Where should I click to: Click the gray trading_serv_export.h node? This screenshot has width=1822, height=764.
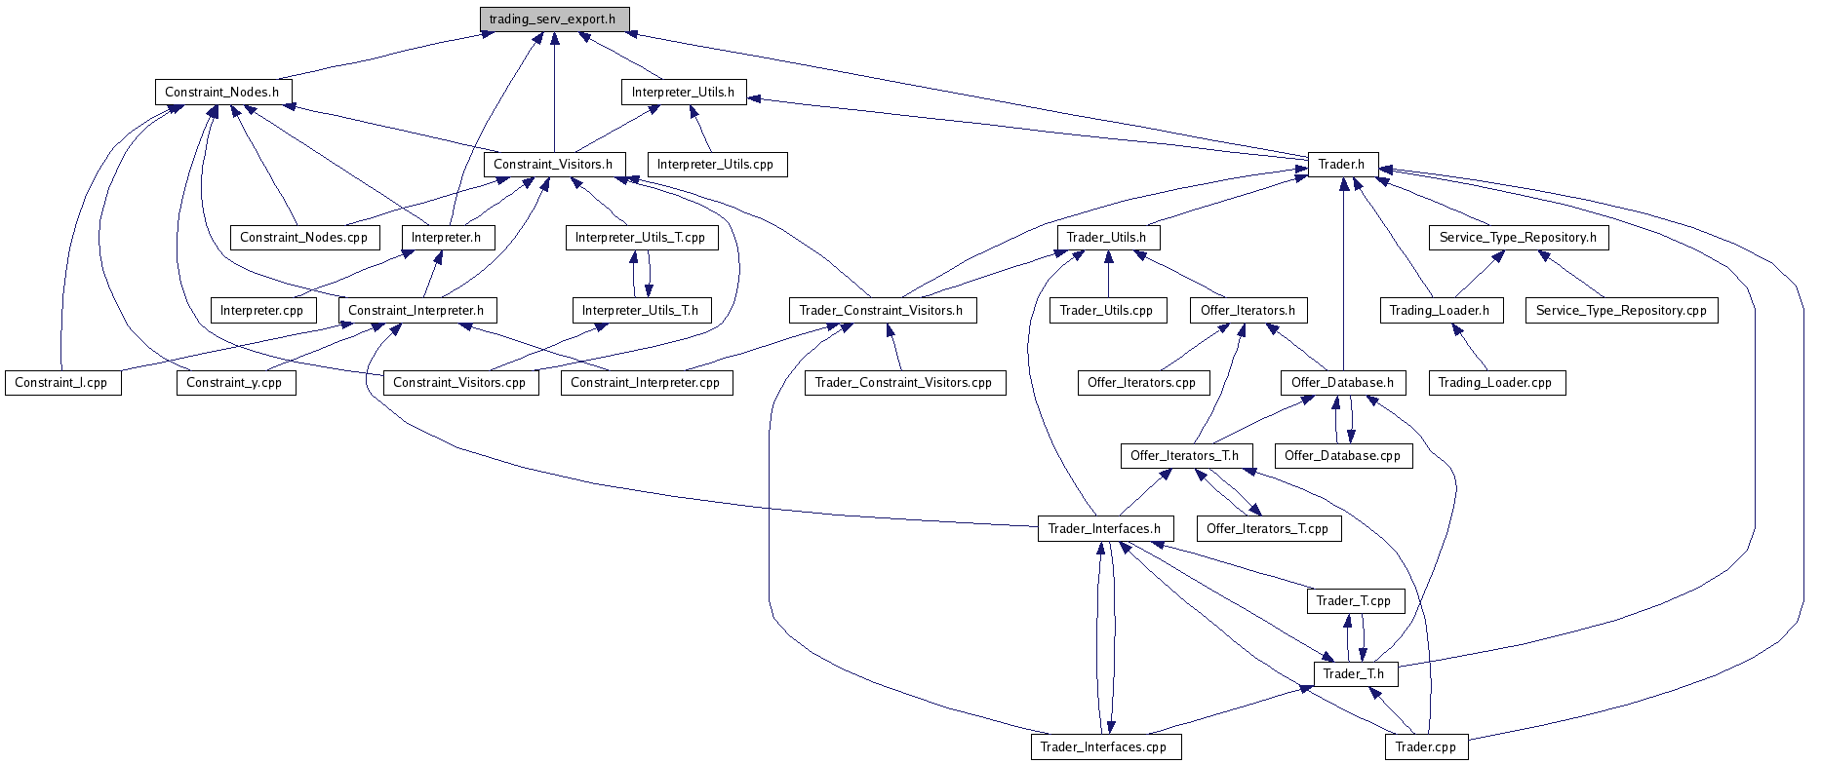[x=553, y=19]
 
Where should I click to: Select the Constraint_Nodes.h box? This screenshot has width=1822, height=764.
[x=222, y=93]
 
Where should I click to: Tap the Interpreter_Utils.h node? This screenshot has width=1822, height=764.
[x=683, y=93]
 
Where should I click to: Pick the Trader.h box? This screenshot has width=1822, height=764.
[x=1342, y=165]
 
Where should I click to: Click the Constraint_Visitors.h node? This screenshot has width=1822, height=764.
[x=553, y=165]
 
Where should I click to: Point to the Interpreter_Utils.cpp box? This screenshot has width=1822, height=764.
[x=716, y=165]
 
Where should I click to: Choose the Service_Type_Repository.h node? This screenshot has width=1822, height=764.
[x=1518, y=238]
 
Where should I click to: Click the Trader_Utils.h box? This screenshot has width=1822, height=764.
[x=1107, y=238]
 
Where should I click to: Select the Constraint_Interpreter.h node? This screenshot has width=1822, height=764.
[x=416, y=311]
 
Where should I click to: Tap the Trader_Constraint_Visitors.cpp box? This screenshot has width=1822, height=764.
[x=903, y=383]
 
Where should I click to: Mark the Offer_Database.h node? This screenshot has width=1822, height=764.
[x=1342, y=383]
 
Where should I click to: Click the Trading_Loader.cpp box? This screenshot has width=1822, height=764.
[x=1495, y=383]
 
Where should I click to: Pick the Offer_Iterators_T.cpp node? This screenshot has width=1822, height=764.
[x=1267, y=529]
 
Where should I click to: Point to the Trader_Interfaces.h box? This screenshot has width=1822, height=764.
[x=1104, y=529]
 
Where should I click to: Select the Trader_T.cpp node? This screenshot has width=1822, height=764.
[x=1354, y=601]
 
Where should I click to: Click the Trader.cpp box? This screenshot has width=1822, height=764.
[x=1426, y=747]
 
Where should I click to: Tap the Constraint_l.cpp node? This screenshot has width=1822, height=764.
[x=61, y=383]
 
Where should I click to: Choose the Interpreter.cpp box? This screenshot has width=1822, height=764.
[x=262, y=311]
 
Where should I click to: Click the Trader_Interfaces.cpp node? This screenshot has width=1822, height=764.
[x=1104, y=747]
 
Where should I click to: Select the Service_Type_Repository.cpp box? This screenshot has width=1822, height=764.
[x=1621, y=311]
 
